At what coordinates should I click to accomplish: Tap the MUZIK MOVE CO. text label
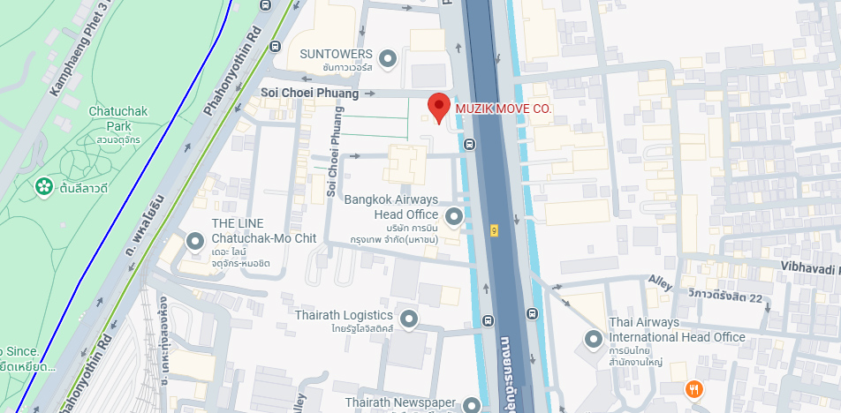click(x=503, y=109)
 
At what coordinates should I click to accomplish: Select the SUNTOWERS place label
click(x=336, y=54)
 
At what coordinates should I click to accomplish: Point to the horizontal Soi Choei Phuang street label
click(x=309, y=93)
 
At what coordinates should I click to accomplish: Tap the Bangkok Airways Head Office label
click(x=391, y=206)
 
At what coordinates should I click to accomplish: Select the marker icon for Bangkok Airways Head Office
click(x=454, y=215)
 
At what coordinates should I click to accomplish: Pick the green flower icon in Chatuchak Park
click(x=42, y=187)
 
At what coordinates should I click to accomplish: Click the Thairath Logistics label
click(x=345, y=315)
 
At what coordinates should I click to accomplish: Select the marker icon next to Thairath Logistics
click(x=408, y=318)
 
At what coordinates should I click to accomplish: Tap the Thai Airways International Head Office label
click(x=677, y=330)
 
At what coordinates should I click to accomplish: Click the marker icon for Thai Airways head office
click(x=594, y=339)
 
